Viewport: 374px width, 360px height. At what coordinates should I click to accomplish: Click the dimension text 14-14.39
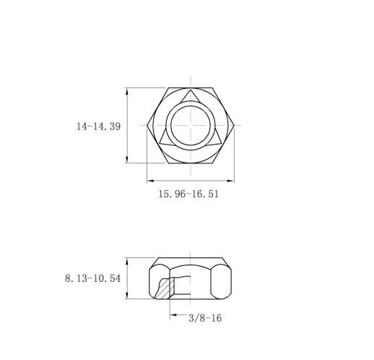pos(98,126)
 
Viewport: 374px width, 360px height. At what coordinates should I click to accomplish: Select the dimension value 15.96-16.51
pos(188,194)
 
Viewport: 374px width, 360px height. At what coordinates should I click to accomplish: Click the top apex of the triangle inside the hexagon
pos(191,91)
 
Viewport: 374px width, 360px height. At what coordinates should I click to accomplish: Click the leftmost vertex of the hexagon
pos(147,125)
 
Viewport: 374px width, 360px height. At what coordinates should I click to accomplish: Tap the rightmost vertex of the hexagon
pos(235,125)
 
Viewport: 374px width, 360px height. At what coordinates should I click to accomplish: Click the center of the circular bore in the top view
pos(191,125)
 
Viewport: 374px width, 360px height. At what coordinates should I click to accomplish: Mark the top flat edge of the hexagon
pos(191,88)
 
